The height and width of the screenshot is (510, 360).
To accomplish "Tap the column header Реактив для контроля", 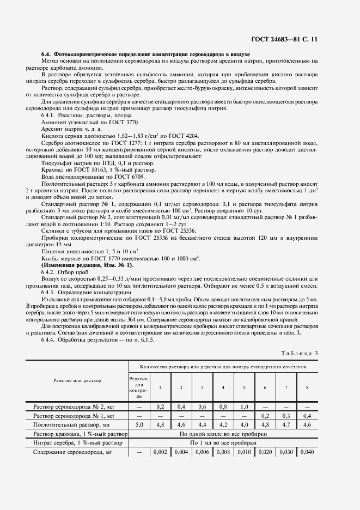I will (x=138, y=387).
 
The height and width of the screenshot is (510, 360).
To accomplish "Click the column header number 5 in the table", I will (x=244, y=387).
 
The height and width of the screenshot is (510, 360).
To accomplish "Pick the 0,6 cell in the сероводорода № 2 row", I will (x=202, y=406).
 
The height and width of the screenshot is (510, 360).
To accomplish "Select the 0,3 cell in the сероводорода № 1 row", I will (x=286, y=415).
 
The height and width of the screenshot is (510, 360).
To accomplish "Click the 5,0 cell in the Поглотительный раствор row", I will (x=138, y=424).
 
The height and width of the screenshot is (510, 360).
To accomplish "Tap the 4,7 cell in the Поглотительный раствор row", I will (x=286, y=424).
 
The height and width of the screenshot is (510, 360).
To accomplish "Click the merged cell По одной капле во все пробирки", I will (x=223, y=434).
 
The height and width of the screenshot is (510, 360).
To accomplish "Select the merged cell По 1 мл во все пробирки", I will (x=223, y=443).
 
